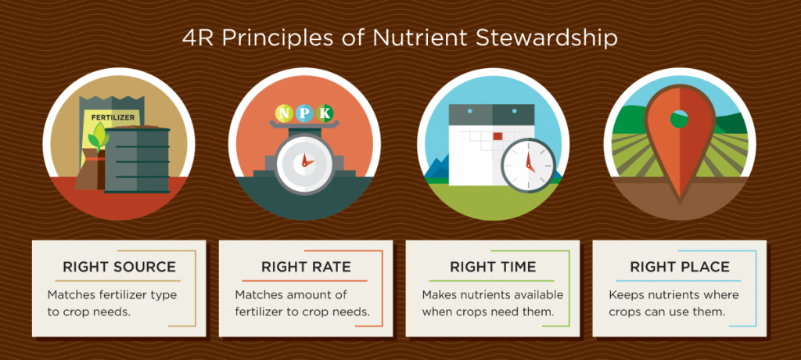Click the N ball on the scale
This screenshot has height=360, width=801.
coord(285,113)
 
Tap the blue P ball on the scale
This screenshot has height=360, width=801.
coord(304,113)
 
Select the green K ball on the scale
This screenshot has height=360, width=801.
coord(324,113)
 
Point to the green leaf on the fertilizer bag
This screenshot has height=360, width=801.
coord(97,136)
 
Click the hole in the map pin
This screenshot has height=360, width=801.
coord(679,119)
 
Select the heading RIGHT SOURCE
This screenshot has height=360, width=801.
coord(119,267)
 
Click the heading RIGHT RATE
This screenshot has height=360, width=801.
coord(306,267)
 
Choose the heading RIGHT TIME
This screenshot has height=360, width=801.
coord(493,267)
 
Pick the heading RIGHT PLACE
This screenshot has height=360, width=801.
coord(680,267)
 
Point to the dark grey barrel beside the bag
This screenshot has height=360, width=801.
coord(137,160)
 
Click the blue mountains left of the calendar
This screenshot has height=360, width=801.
coord(436,167)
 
